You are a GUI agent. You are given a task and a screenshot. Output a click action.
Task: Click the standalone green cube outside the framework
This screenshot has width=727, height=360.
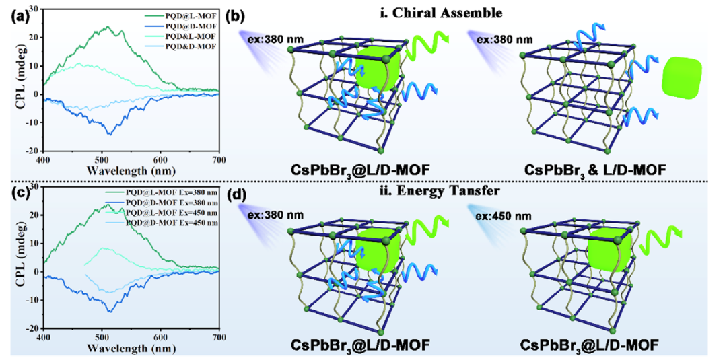tap(683, 79)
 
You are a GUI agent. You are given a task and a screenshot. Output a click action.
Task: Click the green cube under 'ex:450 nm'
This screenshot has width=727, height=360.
tap(611, 254)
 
